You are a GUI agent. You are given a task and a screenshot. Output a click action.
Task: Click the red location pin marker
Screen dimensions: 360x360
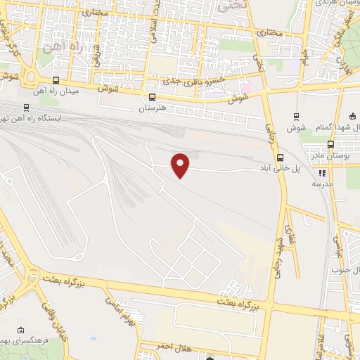(x=181, y=165)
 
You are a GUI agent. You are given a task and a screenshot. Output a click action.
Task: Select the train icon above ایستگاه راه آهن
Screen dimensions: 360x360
(x=26, y=108)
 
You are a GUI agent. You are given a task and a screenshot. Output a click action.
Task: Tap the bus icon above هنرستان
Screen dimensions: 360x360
(x=152, y=98)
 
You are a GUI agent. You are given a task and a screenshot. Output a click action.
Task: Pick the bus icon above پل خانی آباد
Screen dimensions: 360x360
(x=280, y=157)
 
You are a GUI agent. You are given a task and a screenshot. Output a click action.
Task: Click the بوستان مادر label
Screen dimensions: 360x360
(x=330, y=155)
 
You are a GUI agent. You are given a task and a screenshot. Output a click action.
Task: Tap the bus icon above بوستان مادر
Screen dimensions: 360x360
(x=330, y=144)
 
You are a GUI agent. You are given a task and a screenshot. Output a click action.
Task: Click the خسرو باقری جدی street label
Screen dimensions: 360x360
(x=186, y=82)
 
